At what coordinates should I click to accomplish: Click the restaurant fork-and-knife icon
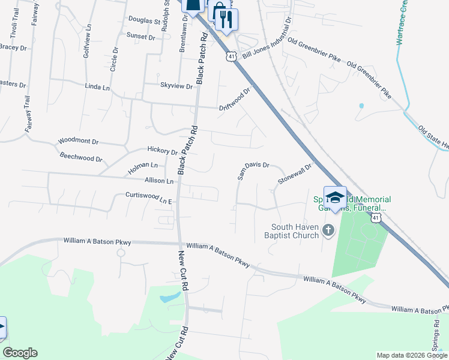tap(226, 19)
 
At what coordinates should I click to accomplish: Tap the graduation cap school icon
tap(335, 198)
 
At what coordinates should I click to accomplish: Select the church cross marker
tap(328, 230)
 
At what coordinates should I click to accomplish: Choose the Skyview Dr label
tap(176, 86)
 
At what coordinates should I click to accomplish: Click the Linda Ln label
tap(98, 88)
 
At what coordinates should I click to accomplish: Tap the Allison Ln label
tap(159, 181)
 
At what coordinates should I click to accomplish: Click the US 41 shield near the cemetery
tap(376, 218)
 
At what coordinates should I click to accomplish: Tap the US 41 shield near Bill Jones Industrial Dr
tap(231, 56)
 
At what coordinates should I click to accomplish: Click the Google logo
tap(20, 353)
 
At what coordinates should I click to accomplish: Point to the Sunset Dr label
tap(140, 37)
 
